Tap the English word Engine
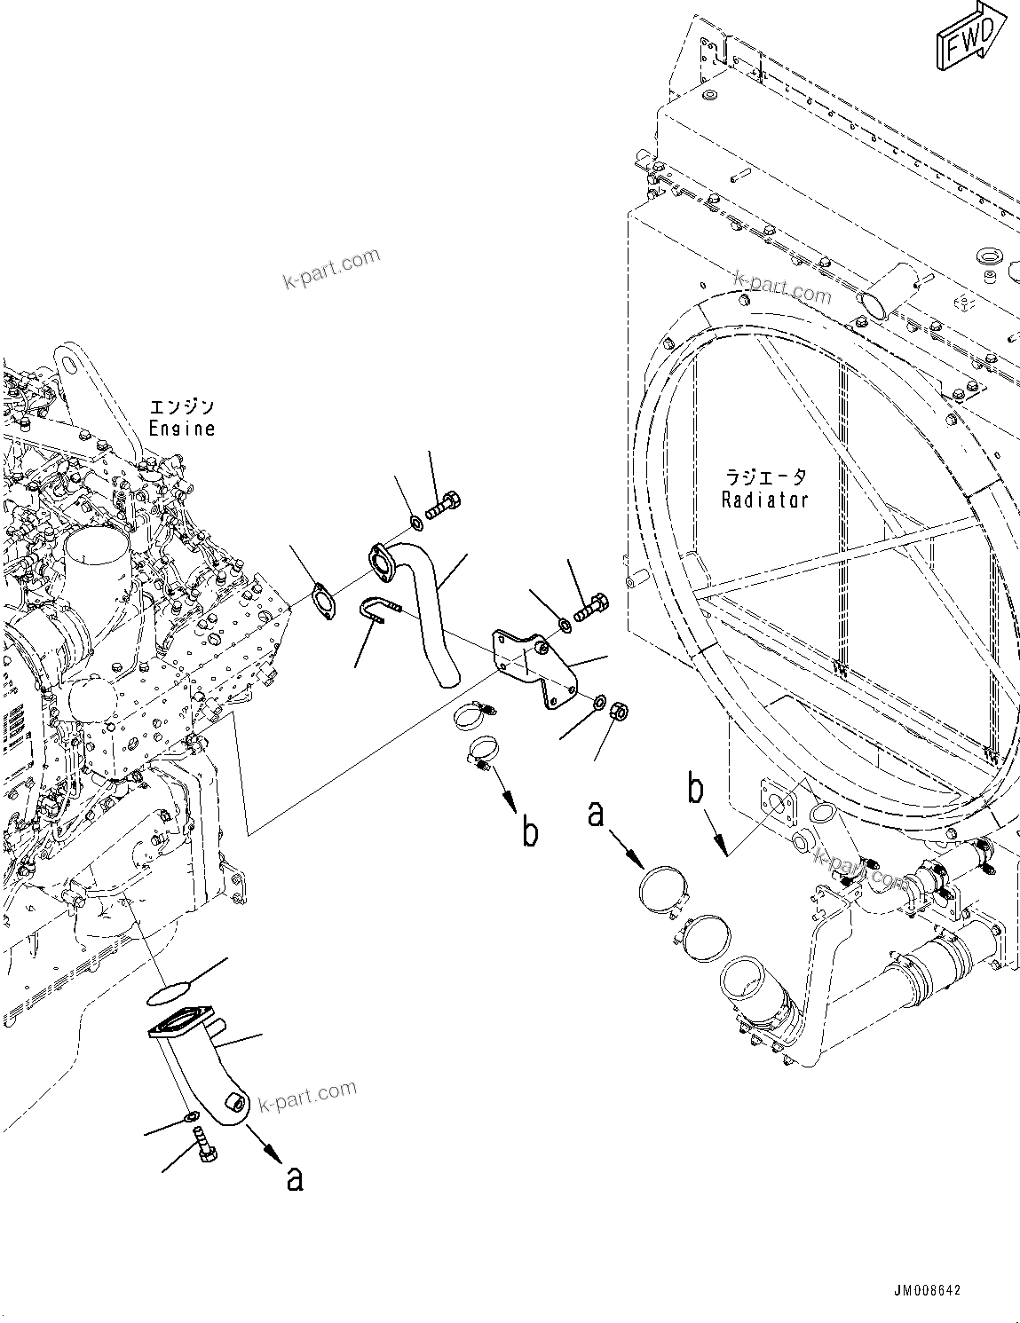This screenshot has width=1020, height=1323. coord(182,429)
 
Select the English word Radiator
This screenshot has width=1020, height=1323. coord(764,500)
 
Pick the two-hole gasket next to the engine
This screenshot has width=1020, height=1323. coord(325,599)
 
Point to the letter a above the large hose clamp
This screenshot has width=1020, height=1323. coord(596,814)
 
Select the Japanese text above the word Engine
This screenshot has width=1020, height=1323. coord(182,407)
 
